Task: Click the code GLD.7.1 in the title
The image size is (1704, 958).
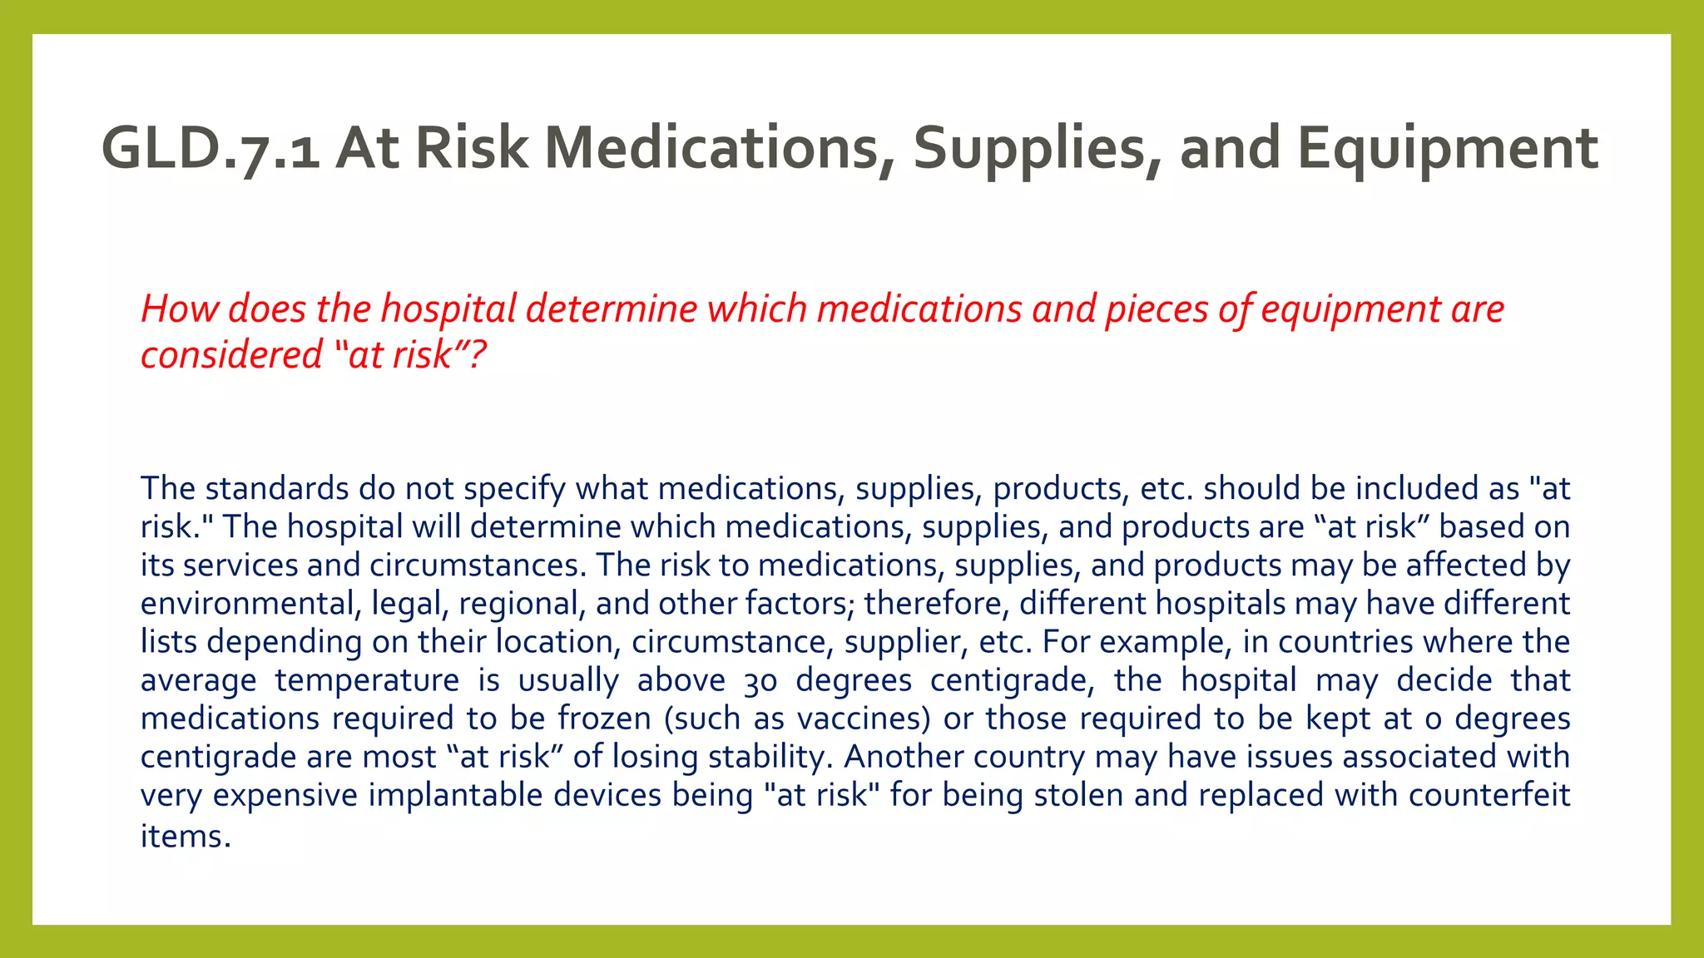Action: tap(211, 149)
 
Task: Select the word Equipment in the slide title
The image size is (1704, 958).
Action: tap(1447, 149)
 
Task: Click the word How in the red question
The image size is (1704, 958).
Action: tap(179, 309)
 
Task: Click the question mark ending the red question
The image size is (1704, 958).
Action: tap(477, 355)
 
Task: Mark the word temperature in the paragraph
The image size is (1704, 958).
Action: tap(367, 680)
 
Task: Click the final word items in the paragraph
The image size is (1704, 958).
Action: tap(186, 836)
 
